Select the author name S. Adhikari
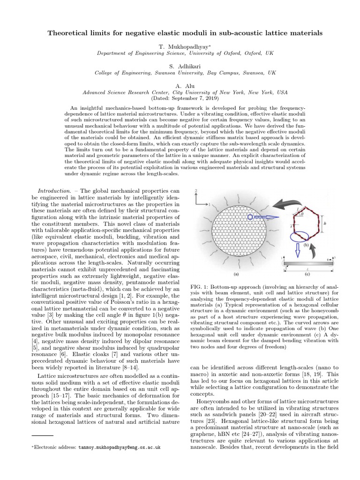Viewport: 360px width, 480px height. pos(180,67)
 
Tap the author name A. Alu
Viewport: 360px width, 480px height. pos(180,87)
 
